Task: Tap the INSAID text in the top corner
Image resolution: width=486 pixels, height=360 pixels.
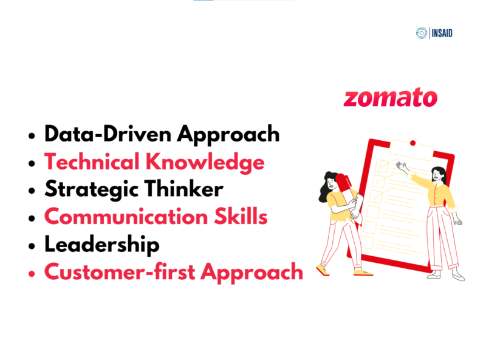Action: coord(442,33)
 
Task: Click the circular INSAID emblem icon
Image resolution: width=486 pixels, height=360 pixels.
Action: coord(422,33)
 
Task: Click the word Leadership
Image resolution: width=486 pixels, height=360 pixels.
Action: coord(101,245)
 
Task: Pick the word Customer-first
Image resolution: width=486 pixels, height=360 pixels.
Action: coord(118,272)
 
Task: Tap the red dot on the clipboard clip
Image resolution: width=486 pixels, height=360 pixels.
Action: coord(412,143)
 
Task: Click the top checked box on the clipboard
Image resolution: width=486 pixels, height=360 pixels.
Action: coord(382,165)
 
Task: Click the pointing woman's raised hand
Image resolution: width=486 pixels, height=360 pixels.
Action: coord(400,165)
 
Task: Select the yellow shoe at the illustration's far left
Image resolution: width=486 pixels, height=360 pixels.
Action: coord(322,268)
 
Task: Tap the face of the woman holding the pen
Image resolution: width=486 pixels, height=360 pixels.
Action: coord(332,181)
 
